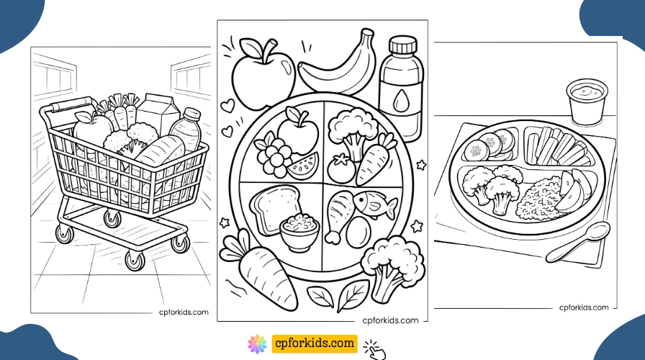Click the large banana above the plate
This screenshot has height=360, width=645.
tap(335, 67)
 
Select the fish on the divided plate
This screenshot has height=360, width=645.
tap(373, 204)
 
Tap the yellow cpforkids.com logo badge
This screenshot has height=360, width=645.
tap(314, 343)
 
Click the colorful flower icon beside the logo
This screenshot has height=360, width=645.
tap(256, 343)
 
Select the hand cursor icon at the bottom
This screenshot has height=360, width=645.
tap(375, 348)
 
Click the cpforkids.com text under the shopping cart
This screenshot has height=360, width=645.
tap(184, 312)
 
